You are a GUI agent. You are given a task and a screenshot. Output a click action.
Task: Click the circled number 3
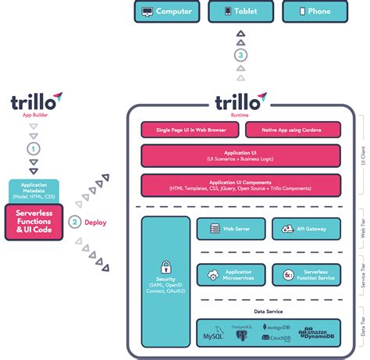241,55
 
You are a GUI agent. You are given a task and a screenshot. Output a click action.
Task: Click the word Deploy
95,222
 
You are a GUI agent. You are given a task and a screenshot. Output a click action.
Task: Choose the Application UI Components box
240,186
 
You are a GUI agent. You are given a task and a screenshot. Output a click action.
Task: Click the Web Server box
230,229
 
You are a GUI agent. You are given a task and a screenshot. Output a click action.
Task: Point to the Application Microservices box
230,274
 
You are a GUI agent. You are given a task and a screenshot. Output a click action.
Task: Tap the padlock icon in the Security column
165,267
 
